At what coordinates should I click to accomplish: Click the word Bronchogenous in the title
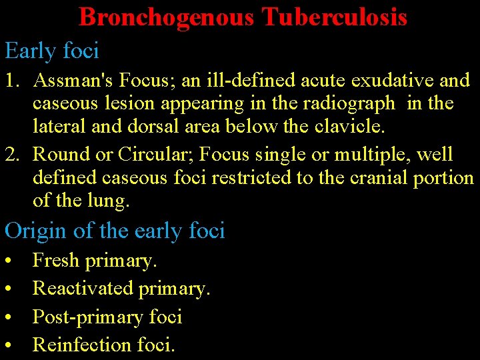click(x=166, y=17)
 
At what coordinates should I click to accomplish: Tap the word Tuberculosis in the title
click(x=335, y=17)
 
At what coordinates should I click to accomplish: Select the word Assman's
click(x=71, y=81)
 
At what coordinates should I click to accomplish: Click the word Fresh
click(x=56, y=260)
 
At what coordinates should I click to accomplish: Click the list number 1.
click(x=11, y=81)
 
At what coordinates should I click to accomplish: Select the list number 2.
click(x=11, y=155)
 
